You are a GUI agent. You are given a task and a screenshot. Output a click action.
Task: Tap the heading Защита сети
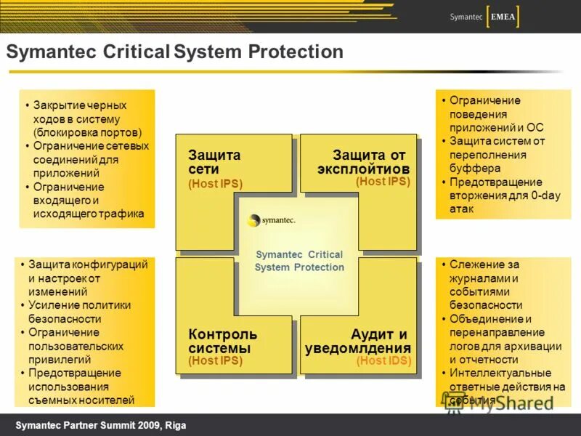pos(214,162)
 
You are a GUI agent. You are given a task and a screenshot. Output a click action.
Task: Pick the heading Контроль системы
pos(223,341)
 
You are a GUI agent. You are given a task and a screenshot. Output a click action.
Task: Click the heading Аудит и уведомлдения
pos(359,341)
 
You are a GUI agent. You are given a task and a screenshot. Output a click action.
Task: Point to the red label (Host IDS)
pos(383,360)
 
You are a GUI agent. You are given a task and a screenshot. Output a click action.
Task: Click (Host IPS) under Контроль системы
pos(215,360)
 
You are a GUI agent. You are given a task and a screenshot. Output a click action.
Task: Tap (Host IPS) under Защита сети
pos(215,184)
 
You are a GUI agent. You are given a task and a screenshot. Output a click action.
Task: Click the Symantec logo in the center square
pos(272,220)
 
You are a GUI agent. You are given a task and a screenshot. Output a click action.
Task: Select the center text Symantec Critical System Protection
pos(299,261)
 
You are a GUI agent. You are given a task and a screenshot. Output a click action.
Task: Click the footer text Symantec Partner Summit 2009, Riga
pos(101,425)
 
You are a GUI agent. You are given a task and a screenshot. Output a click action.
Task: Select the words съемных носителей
pos(81,400)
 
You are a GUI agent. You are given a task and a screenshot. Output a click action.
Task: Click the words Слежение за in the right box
pos(484,265)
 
